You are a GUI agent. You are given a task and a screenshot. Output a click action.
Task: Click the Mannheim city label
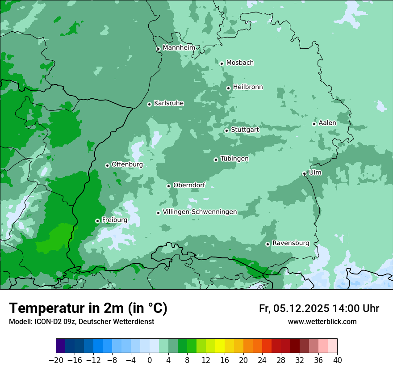pyautogui.click(x=179, y=47)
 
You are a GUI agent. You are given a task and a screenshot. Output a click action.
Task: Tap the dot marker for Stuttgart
pyautogui.click(x=226, y=131)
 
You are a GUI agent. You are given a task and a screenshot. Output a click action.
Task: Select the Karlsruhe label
pyautogui.click(x=169, y=103)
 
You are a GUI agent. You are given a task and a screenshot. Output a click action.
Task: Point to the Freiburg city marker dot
pyautogui.click(x=97, y=221)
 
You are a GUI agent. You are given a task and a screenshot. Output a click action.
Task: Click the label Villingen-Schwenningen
pyautogui.click(x=200, y=212)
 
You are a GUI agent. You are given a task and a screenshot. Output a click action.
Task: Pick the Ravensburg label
pyautogui.click(x=290, y=243)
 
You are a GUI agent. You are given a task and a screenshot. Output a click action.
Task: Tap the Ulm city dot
pyautogui.click(x=305, y=173)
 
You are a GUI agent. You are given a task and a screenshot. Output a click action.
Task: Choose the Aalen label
pyautogui.click(x=327, y=122)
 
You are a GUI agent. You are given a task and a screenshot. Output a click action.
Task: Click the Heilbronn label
pyautogui.click(x=248, y=87)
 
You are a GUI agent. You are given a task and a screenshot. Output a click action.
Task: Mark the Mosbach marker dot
pyautogui.click(x=222, y=63)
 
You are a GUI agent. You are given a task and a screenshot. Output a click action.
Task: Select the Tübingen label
pyautogui.click(x=234, y=159)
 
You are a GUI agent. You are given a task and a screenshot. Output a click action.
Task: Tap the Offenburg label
pyautogui.click(x=127, y=164)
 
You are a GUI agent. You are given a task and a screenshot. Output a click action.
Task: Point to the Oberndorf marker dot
pyautogui.click(x=168, y=186)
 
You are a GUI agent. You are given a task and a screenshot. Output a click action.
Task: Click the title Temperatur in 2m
pyautogui.click(x=88, y=308)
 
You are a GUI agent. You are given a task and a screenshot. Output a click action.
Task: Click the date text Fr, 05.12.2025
pyautogui.click(x=294, y=308)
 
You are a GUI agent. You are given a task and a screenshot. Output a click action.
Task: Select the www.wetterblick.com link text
pyautogui.click(x=322, y=321)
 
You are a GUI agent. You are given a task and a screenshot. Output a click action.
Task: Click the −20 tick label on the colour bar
pyautogui.click(x=55, y=360)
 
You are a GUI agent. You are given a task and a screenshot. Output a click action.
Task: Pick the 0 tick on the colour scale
pyautogui.click(x=150, y=360)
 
